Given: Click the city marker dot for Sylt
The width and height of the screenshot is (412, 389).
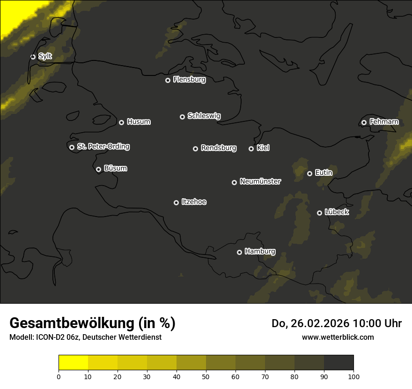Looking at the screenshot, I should pyautogui.click(x=33, y=57).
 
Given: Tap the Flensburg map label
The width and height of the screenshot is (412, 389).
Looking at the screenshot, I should pyautogui.click(x=189, y=80).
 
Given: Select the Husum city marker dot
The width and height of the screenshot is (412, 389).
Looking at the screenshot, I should pyautogui.click(x=121, y=122).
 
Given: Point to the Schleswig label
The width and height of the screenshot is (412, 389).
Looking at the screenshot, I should pyautogui.click(x=204, y=116).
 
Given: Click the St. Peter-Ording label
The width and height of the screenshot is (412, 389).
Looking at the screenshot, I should pyautogui.click(x=103, y=147).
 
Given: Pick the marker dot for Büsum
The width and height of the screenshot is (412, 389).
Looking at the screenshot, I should pyautogui.click(x=98, y=170).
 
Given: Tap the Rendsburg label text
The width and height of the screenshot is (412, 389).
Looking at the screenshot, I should pyautogui.click(x=218, y=148).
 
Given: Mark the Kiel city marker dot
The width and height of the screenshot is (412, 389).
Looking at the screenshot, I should pyautogui.click(x=251, y=149).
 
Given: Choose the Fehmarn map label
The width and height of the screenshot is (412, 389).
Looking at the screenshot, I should pyautogui.click(x=384, y=122).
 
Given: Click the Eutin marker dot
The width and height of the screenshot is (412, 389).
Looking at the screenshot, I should pyautogui.click(x=309, y=173).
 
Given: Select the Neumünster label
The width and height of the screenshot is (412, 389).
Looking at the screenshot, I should pyautogui.click(x=260, y=181).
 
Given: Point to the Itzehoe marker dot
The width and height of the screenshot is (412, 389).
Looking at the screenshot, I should pyautogui.click(x=176, y=202).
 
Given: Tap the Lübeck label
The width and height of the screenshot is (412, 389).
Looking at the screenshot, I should pyautogui.click(x=336, y=212).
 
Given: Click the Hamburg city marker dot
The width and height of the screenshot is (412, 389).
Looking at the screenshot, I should pyautogui.click(x=239, y=252).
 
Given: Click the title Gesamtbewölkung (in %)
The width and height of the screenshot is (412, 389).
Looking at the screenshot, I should pyautogui.click(x=92, y=323).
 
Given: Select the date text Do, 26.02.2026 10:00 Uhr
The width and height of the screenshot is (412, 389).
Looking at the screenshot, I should pyautogui.click(x=336, y=323).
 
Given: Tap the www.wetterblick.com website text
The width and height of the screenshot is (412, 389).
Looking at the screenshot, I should pyautogui.click(x=338, y=337).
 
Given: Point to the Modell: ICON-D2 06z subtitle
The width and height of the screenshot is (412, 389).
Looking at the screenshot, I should pyautogui.click(x=85, y=337).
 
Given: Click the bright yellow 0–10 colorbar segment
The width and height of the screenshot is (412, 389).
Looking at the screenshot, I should pyautogui.click(x=73, y=363).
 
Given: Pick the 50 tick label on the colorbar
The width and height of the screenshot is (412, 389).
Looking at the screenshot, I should pyautogui.click(x=206, y=376).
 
